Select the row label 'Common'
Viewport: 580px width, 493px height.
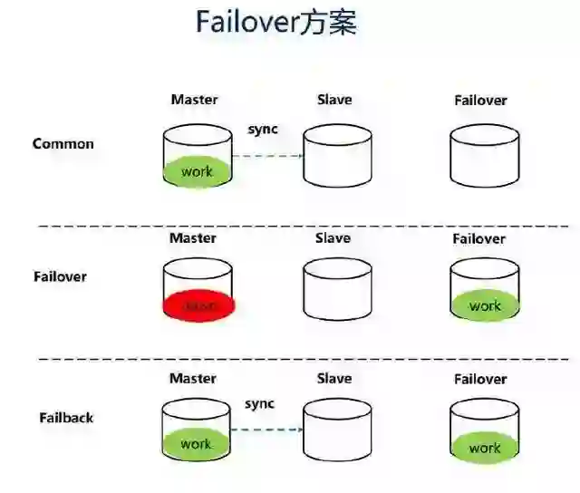(63, 143)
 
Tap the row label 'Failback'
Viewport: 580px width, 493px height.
(66, 418)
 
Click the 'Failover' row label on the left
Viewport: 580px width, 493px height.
(60, 275)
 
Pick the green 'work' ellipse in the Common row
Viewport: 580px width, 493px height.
(197, 171)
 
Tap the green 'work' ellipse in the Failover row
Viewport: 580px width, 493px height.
(485, 306)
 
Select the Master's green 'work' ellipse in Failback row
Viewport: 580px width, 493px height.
(196, 444)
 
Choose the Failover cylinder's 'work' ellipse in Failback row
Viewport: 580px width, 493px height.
(485, 447)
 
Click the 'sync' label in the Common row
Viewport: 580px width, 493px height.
(263, 129)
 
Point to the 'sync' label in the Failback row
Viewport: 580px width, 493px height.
(260, 403)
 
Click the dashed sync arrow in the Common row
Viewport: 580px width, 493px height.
(266, 156)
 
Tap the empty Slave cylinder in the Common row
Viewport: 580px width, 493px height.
(337, 156)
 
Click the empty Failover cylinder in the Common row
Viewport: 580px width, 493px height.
(485, 156)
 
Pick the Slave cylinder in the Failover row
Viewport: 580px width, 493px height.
(336, 290)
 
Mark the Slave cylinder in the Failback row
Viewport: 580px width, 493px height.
(336, 430)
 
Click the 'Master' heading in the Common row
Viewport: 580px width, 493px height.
(194, 100)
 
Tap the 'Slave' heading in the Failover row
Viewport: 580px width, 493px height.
(333, 238)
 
